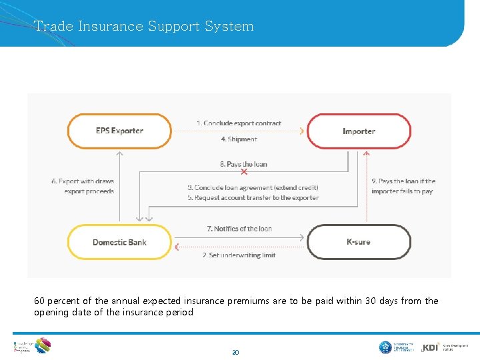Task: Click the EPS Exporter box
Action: [119, 131]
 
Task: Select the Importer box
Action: [359, 131]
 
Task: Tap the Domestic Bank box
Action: [119, 242]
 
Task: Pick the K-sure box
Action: [359, 242]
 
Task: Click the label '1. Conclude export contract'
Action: [239, 123]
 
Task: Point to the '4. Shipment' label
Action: [239, 139]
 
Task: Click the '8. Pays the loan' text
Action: [243, 164]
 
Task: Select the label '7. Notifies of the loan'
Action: [239, 229]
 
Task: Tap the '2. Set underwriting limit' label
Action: [239, 255]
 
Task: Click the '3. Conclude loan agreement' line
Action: [253, 187]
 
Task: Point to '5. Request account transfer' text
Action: [253, 198]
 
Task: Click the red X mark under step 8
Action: [244, 172]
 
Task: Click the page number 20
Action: [235, 352]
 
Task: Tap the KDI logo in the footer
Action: [431, 347]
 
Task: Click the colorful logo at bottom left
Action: [41, 345]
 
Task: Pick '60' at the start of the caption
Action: [39, 301]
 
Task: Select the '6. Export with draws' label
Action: [83, 181]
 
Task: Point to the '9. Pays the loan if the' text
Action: [403, 181]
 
